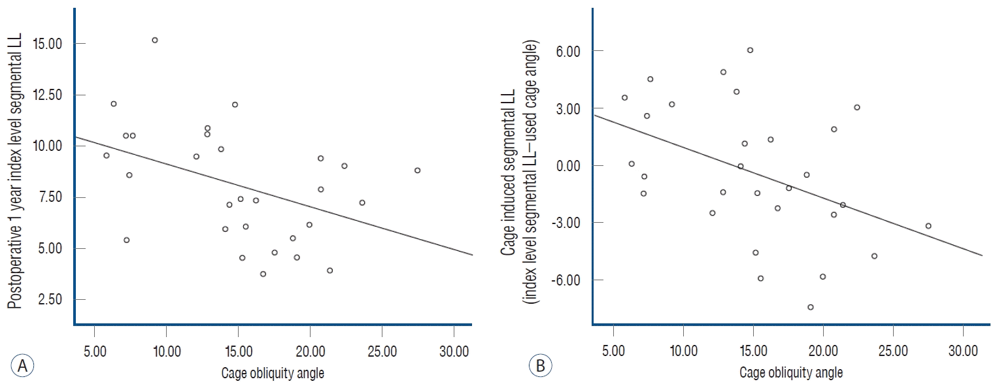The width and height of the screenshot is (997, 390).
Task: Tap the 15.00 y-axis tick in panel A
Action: tap(50, 44)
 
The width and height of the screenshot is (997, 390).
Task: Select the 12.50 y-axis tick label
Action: tap(50, 95)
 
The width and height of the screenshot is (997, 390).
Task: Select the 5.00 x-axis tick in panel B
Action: tap(613, 352)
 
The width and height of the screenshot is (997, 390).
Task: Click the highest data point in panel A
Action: tap(155, 40)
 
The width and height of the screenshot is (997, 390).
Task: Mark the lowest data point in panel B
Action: tap(811, 307)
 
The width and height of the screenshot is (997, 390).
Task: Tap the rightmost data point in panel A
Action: tap(417, 171)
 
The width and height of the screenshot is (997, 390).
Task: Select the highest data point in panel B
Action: tap(750, 50)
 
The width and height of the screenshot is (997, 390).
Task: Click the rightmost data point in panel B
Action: tap(928, 226)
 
